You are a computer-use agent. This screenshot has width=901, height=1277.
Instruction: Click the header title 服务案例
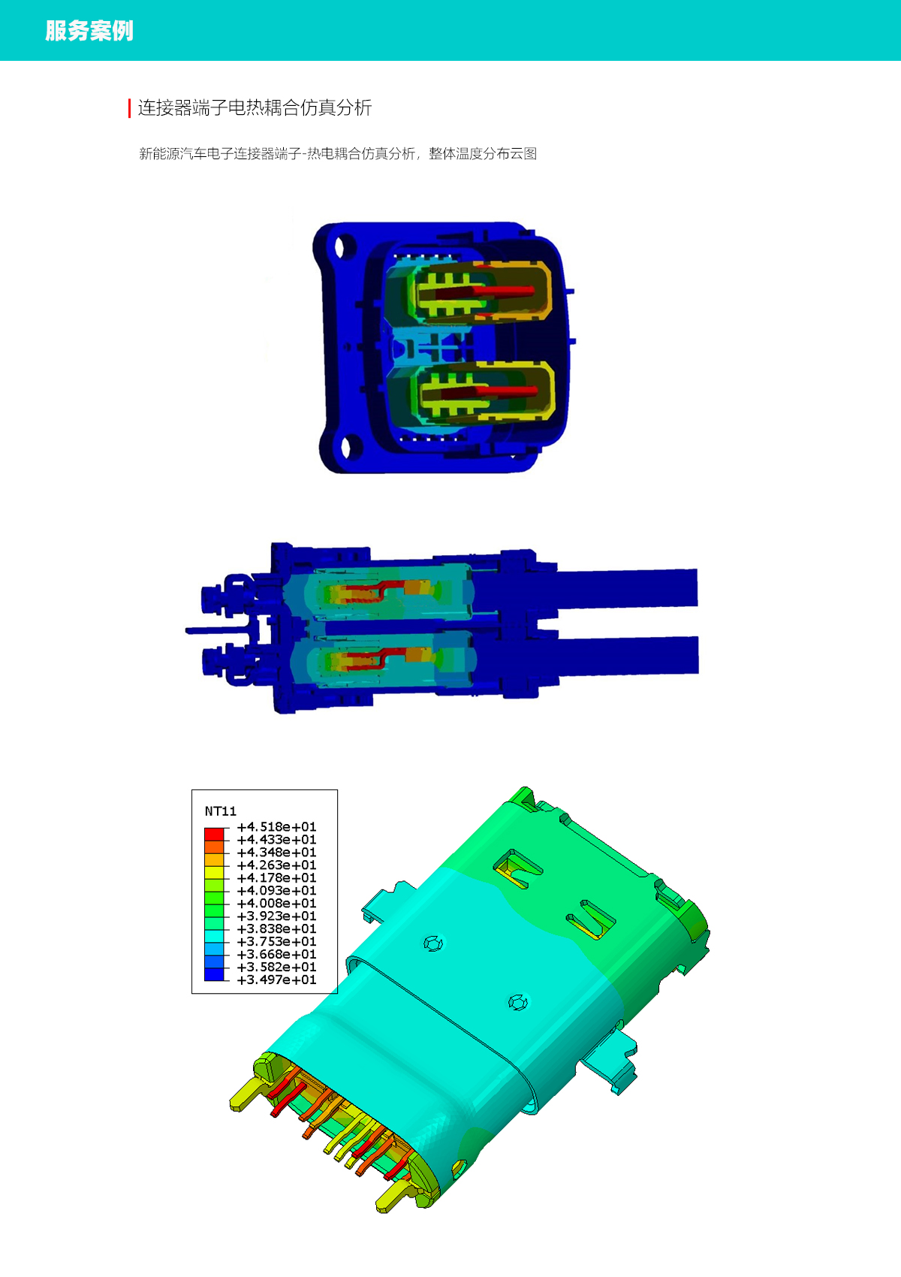click(x=89, y=31)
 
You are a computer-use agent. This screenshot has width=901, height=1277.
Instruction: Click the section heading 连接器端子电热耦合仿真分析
click(x=255, y=107)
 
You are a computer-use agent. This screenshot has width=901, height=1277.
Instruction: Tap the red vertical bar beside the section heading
click(x=129, y=108)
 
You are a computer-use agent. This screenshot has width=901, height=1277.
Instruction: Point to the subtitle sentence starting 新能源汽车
click(x=338, y=153)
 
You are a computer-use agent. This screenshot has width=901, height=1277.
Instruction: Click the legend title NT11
click(x=220, y=811)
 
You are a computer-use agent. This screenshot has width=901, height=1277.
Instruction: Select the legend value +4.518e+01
click(x=276, y=826)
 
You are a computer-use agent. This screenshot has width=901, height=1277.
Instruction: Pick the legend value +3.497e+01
click(x=276, y=980)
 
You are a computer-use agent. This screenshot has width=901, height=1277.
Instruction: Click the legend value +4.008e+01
click(x=276, y=903)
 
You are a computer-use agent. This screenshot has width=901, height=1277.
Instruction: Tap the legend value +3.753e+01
click(x=276, y=941)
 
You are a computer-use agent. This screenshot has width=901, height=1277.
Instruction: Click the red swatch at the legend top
click(x=214, y=834)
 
